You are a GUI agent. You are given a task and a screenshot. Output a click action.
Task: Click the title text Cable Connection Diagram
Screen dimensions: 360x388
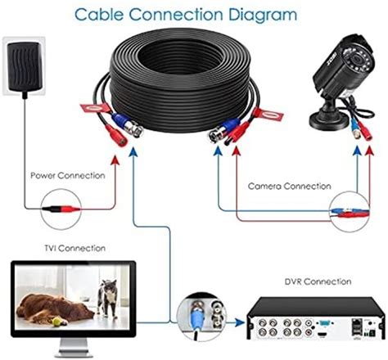[x=193, y=15]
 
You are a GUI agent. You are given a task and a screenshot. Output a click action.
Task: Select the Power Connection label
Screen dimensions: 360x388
[x=67, y=175]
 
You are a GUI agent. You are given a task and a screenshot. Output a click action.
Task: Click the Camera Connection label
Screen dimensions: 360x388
[x=284, y=186]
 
